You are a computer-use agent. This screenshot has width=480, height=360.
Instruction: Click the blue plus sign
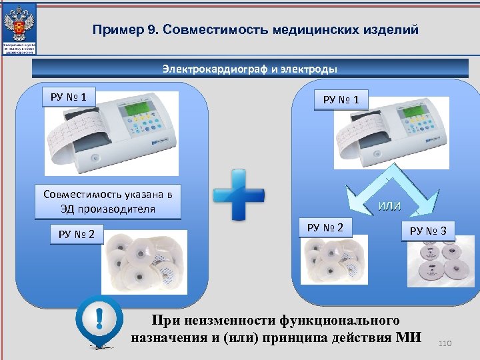(x=239, y=195)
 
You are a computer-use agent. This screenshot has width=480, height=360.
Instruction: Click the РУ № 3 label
(x=432, y=231)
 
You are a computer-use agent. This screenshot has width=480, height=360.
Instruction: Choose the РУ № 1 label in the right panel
(x=345, y=100)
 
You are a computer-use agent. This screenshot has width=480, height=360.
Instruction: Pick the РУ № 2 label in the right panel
(x=325, y=228)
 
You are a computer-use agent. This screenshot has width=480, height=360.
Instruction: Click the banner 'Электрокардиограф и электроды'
(x=250, y=69)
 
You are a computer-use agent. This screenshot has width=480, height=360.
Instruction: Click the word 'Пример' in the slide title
(x=115, y=30)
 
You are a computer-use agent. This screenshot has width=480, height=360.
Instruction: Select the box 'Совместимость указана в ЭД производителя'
(x=107, y=201)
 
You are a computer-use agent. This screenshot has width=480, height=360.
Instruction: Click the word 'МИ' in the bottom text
(x=408, y=336)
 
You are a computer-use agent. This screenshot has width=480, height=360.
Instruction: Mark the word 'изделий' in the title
(x=392, y=30)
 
